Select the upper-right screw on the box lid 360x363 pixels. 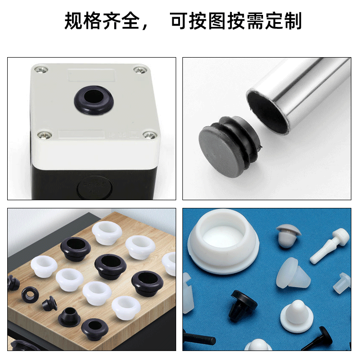click(x=140, y=70)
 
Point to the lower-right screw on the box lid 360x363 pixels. click(x=150, y=135)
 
